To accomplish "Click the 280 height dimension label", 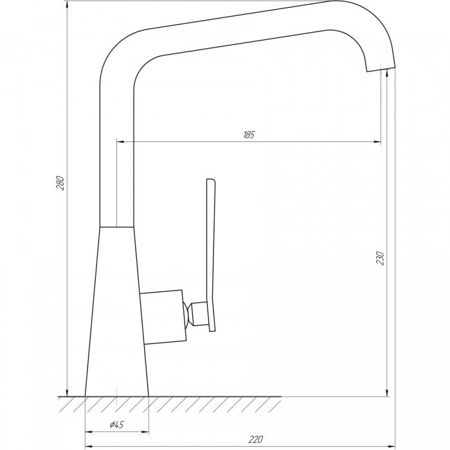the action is pyautogui.click(x=61, y=183).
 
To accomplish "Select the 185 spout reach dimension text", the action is pyautogui.click(x=249, y=135).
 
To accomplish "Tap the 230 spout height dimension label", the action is pyautogui.click(x=380, y=258).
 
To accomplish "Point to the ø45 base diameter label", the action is pyautogui.click(x=117, y=424).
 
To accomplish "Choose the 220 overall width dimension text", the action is pyautogui.click(x=255, y=439).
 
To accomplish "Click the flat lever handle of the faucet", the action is pyautogui.click(x=211, y=255).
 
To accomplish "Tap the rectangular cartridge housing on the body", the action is pyautogui.click(x=163, y=317).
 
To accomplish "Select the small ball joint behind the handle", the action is pyautogui.click(x=187, y=314).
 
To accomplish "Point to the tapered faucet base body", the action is pyautogui.click(x=117, y=297).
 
